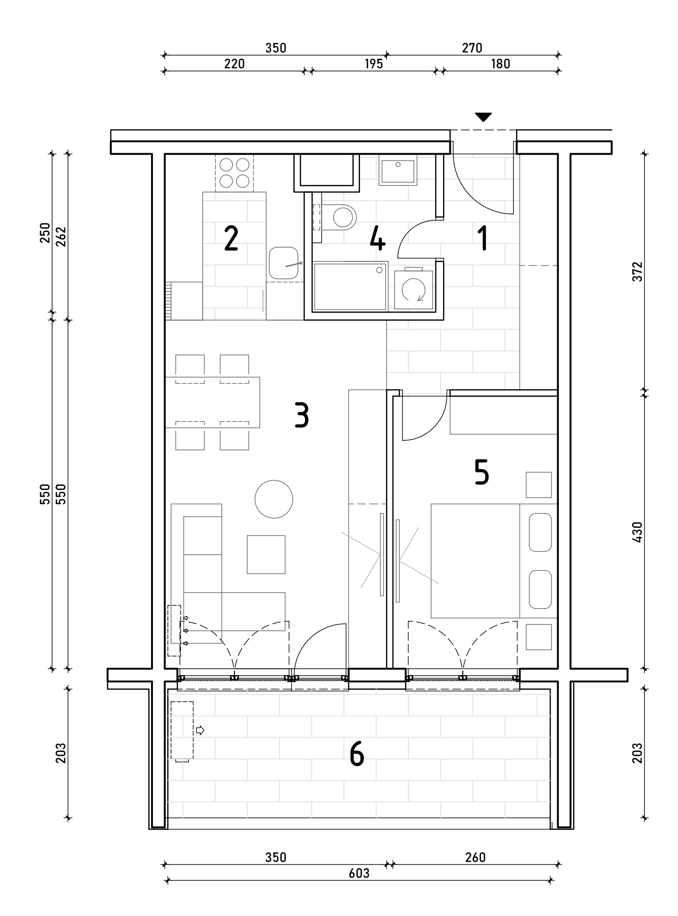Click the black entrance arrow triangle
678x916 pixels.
tap(483, 117)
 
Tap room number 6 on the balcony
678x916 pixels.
tap(357, 754)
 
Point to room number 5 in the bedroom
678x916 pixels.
tap(482, 472)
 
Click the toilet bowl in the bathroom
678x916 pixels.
tap(344, 217)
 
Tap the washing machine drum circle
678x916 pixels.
tap(413, 289)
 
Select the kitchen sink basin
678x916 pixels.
tap(283, 263)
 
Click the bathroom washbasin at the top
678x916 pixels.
tap(398, 170)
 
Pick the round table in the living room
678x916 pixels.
tap(274, 499)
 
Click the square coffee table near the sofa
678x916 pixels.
tap(266, 554)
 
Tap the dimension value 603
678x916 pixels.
tap(359, 873)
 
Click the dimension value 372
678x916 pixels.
tap(637, 271)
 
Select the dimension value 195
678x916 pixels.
tap(373, 64)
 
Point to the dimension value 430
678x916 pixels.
tap(637, 532)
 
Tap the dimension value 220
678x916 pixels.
tap(234, 64)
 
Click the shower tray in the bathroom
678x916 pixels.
tap(350, 286)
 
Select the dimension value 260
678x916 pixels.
tap(475, 857)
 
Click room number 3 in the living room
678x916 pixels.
tap(302, 415)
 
